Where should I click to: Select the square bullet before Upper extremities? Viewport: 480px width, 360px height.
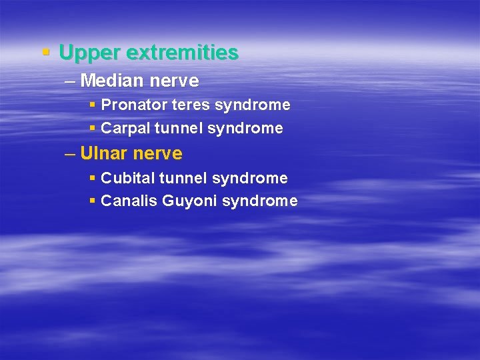[45, 51]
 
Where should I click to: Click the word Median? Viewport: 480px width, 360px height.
[111, 81]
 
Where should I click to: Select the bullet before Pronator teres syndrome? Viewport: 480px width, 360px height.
[92, 105]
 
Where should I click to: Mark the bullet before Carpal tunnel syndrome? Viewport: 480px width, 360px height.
[92, 128]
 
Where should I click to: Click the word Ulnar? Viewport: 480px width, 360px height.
[103, 154]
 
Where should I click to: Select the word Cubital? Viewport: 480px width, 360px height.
[127, 178]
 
